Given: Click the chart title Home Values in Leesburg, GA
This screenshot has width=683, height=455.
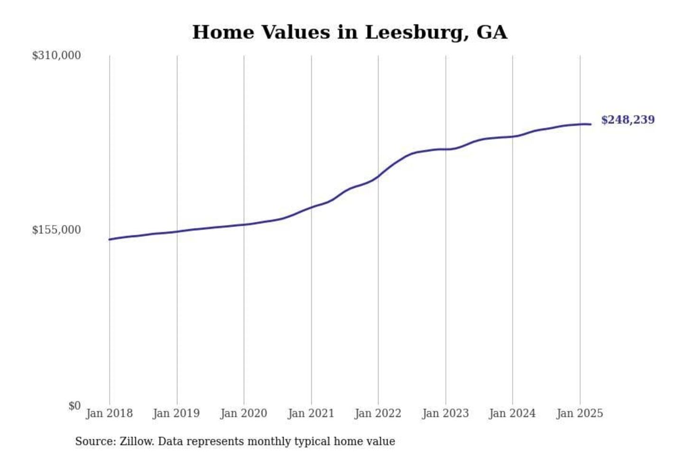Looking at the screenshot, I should [x=350, y=32].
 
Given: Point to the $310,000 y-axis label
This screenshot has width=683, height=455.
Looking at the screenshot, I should [x=56, y=55].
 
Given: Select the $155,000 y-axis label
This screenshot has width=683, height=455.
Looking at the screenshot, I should [x=56, y=230].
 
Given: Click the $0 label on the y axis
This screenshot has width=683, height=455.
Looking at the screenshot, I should [x=74, y=406].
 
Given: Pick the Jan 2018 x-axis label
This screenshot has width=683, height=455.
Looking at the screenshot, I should [x=110, y=413].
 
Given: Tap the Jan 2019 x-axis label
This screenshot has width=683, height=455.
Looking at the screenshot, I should [x=176, y=413].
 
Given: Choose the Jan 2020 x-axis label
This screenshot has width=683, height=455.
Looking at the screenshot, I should [x=244, y=413].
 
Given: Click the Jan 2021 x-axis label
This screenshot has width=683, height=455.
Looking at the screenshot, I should [x=311, y=413].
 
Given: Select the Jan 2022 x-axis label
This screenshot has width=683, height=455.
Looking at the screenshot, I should [x=378, y=413].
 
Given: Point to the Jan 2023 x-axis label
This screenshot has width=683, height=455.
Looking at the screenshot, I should [x=445, y=413].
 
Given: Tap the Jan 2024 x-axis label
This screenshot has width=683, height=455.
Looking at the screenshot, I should [x=512, y=413].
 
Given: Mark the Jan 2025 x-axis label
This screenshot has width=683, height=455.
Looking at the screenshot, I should [x=580, y=413].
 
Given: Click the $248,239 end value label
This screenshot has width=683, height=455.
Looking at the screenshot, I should [x=628, y=120].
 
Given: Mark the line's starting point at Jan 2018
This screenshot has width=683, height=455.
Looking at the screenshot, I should [x=110, y=239].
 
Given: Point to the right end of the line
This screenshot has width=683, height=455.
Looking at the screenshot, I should [x=591, y=124].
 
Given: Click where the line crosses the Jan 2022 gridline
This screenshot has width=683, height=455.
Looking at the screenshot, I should [x=378, y=177].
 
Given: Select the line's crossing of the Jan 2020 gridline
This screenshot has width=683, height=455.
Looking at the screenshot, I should [x=244, y=224].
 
